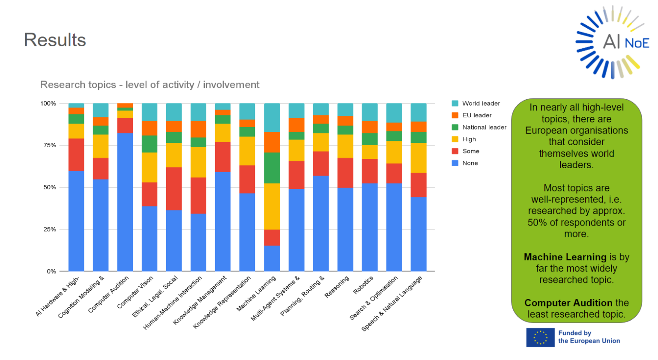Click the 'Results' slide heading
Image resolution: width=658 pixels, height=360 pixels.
click(x=55, y=40)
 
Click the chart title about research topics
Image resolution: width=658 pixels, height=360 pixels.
click(x=150, y=85)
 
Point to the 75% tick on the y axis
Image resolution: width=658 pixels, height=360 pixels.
click(x=49, y=146)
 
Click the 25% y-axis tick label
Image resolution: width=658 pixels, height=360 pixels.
click(x=49, y=229)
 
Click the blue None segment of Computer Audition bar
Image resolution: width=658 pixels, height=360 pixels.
click(x=125, y=202)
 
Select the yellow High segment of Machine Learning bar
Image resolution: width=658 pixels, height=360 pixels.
click(x=272, y=206)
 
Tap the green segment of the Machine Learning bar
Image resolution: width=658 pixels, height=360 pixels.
click(x=272, y=168)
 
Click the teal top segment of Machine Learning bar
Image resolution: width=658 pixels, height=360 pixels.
click(x=272, y=117)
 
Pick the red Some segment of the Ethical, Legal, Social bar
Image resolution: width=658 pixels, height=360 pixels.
click(x=174, y=189)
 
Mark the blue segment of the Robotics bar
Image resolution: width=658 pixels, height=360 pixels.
click(x=370, y=227)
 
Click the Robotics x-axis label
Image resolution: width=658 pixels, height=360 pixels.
click(x=363, y=286)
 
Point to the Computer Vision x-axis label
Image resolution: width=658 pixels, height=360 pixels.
click(x=135, y=293)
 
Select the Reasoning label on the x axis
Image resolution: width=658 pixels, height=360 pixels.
click(x=337, y=287)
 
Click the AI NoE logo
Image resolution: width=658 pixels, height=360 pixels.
click(x=612, y=42)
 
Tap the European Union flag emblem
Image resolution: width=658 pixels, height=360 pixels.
click(x=540, y=337)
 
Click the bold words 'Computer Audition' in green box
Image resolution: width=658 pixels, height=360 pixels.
click(x=568, y=303)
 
